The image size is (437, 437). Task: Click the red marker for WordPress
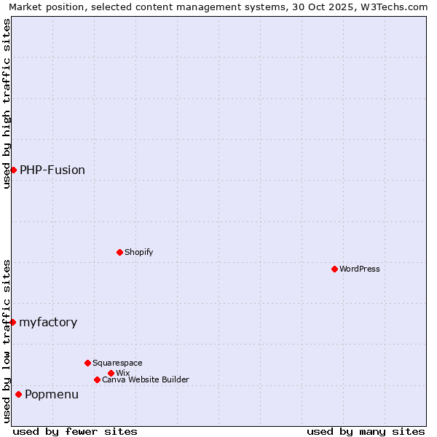(x=334, y=269)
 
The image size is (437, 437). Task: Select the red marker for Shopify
(x=119, y=252)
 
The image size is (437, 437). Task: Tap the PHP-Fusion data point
(x=13, y=170)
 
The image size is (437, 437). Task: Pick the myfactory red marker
(x=12, y=322)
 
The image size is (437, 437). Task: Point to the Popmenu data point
(x=18, y=394)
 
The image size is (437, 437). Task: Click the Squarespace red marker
(x=87, y=363)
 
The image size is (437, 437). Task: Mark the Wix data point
(x=111, y=373)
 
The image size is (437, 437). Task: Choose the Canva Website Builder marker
(x=97, y=379)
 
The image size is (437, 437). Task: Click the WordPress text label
(x=360, y=269)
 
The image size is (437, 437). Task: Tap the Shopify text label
(x=139, y=252)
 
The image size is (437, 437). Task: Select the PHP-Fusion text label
(x=52, y=170)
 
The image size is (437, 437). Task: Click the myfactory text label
(x=48, y=322)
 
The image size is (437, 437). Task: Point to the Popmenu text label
(x=52, y=394)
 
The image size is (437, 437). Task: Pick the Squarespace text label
(x=117, y=363)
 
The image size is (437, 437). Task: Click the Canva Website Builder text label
(x=146, y=379)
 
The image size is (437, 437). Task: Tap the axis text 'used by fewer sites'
(x=75, y=431)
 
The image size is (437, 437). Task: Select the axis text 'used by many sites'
(x=366, y=431)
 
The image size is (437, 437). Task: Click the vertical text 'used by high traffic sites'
(x=7, y=103)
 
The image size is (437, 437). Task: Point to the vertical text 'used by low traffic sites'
(x=7, y=341)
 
